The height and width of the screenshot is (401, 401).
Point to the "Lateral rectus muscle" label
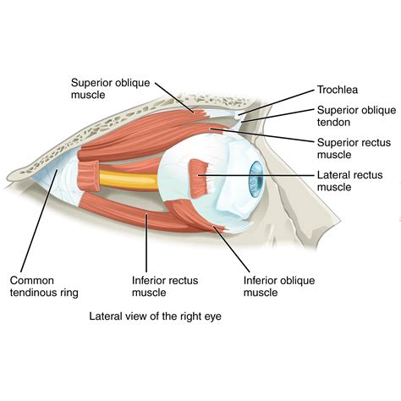349,181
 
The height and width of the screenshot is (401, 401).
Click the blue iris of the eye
255,181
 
